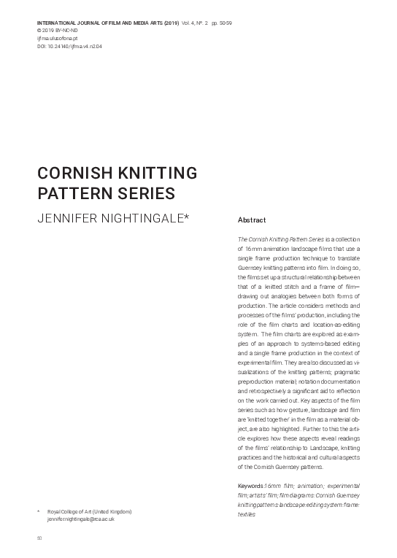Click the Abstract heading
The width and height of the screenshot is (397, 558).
tap(252, 220)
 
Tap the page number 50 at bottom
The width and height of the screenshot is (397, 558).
tap(39, 538)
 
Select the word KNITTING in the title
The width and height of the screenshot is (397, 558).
tap(153, 174)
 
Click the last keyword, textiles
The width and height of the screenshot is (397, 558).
tap(247, 514)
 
